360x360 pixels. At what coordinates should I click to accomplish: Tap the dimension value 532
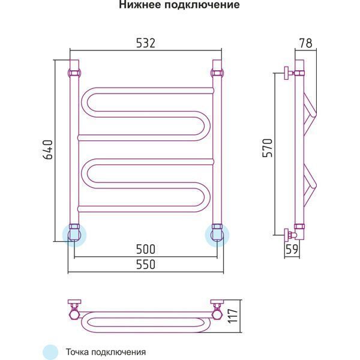(x=145, y=43)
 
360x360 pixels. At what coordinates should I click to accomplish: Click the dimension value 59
(x=292, y=250)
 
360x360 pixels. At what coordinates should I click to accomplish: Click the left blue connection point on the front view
(x=75, y=234)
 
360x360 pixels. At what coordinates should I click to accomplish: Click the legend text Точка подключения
(x=106, y=352)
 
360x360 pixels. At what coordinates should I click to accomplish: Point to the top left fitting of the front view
(x=75, y=73)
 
